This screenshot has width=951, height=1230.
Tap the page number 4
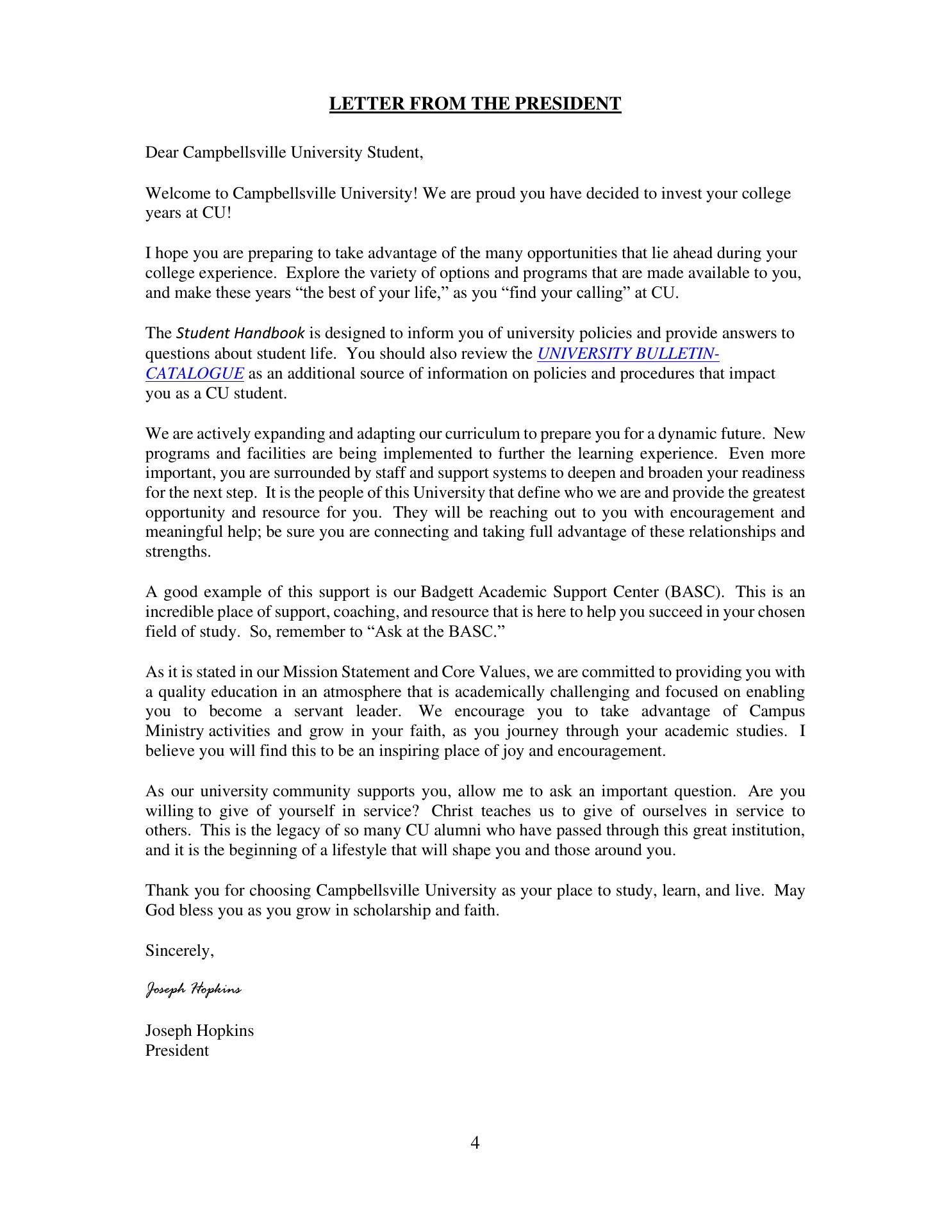point(475,1142)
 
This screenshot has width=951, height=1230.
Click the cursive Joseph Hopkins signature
point(194,990)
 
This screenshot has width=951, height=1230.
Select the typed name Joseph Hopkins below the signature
point(199,1031)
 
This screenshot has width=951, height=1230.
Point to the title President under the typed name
point(177,1051)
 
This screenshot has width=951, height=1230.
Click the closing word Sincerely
point(179,951)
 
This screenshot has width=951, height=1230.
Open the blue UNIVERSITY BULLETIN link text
point(627,354)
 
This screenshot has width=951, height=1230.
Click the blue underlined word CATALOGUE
point(194,373)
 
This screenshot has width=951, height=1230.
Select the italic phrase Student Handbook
point(240,334)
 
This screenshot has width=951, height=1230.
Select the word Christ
point(453,811)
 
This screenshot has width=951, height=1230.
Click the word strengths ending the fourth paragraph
point(178,552)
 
